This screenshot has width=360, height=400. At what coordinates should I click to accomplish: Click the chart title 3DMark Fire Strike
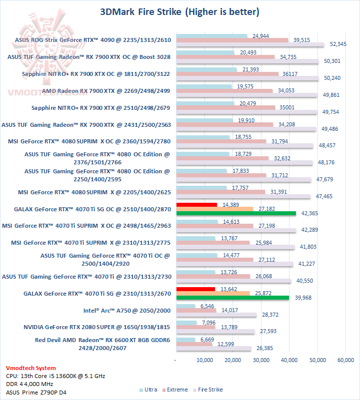point(179,11)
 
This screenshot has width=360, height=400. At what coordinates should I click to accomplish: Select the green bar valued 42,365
point(236,213)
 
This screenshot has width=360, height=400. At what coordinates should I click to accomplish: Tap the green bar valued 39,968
point(232,298)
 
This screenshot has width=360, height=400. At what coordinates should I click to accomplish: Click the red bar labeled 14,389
point(196,204)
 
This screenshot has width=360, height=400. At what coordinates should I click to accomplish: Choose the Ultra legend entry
point(148,390)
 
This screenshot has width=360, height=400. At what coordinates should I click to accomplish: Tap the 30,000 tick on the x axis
point(260,360)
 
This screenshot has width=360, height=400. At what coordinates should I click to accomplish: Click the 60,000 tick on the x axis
point(345,360)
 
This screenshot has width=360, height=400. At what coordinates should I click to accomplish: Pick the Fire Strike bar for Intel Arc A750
point(216,315)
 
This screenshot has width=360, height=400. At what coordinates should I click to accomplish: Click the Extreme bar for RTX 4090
point(232,40)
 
